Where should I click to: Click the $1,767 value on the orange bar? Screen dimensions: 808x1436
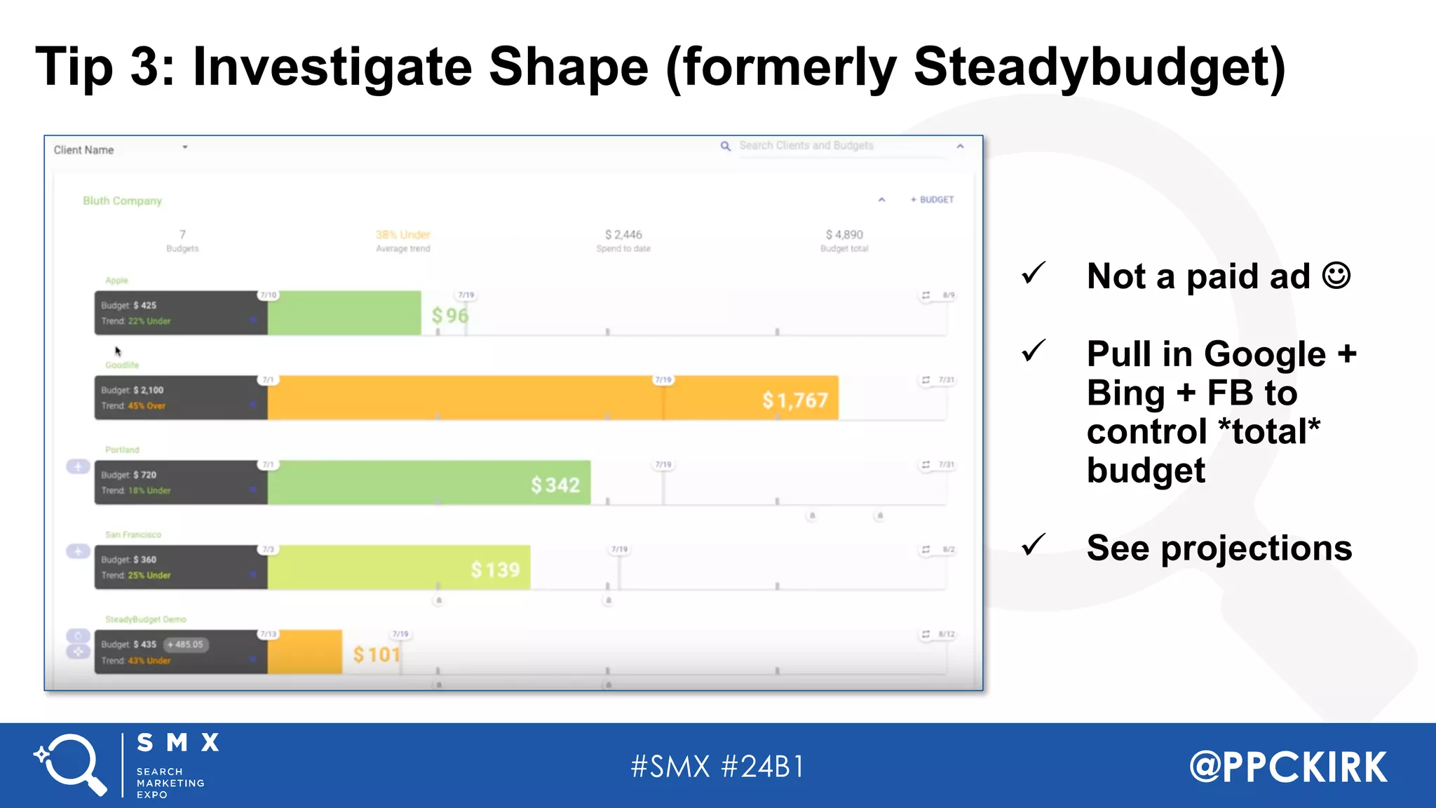pyautogui.click(x=795, y=400)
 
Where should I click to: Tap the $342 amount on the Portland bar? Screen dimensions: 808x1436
pyautogui.click(x=555, y=485)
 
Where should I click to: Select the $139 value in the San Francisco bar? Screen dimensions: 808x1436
pyautogui.click(x=495, y=570)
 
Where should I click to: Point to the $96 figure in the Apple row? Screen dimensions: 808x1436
pyautogui.click(x=449, y=316)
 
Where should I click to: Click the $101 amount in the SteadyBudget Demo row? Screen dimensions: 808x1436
pyautogui.click(x=377, y=654)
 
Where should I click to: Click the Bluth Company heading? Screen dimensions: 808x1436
pyautogui.click(x=122, y=201)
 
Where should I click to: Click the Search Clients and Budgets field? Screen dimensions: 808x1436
pyautogui.click(x=806, y=146)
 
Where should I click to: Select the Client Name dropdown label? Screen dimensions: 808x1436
pyautogui.click(x=83, y=150)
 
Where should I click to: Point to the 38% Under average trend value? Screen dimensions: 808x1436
pyautogui.click(x=403, y=235)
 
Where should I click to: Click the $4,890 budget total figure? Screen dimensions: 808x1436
pyautogui.click(x=844, y=235)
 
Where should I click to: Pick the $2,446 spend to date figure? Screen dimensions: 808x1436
pyautogui.click(x=623, y=235)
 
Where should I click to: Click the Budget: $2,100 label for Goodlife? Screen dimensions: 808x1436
pyautogui.click(x=133, y=390)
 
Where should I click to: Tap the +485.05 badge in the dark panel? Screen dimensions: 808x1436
pyautogui.click(x=186, y=645)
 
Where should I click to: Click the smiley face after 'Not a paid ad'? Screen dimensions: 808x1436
pyautogui.click(x=1336, y=275)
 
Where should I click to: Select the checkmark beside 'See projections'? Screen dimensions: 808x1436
pyautogui.click(x=1034, y=545)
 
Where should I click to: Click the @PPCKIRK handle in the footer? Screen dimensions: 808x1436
pyautogui.click(x=1288, y=767)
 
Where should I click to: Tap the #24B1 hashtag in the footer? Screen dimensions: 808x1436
pyautogui.click(x=763, y=767)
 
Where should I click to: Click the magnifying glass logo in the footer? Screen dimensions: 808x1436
pyautogui.click(x=70, y=765)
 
